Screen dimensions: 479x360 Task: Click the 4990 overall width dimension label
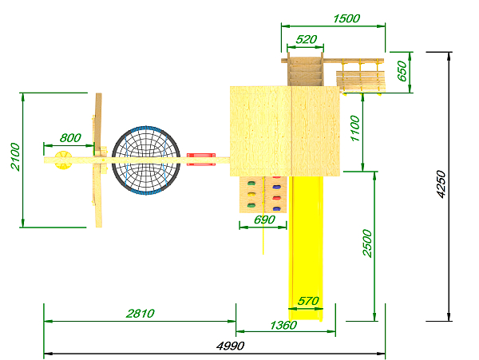click(x=231, y=346)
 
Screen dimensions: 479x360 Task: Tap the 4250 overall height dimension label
click(x=441, y=184)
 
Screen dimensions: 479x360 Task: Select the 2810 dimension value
click(x=141, y=314)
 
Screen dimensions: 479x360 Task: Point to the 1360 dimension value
click(x=283, y=325)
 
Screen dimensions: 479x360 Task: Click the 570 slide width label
click(x=308, y=302)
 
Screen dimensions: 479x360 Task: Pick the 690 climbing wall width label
click(x=264, y=220)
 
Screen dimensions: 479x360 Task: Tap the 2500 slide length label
click(x=367, y=243)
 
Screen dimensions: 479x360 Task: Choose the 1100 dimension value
click(x=355, y=129)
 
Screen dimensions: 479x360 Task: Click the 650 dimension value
click(x=402, y=72)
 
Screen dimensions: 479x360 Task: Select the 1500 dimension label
click(x=346, y=18)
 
